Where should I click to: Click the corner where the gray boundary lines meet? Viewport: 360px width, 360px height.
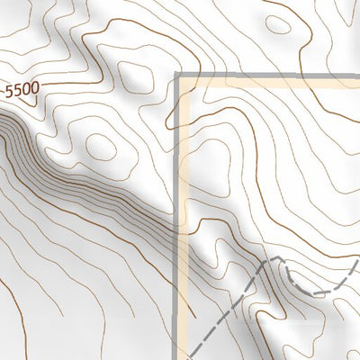179,78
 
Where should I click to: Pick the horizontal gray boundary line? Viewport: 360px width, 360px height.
270,78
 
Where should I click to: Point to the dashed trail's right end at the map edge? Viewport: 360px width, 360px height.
357,262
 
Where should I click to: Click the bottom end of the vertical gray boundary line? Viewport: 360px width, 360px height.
180,357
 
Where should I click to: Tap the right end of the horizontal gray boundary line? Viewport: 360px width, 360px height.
357,78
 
